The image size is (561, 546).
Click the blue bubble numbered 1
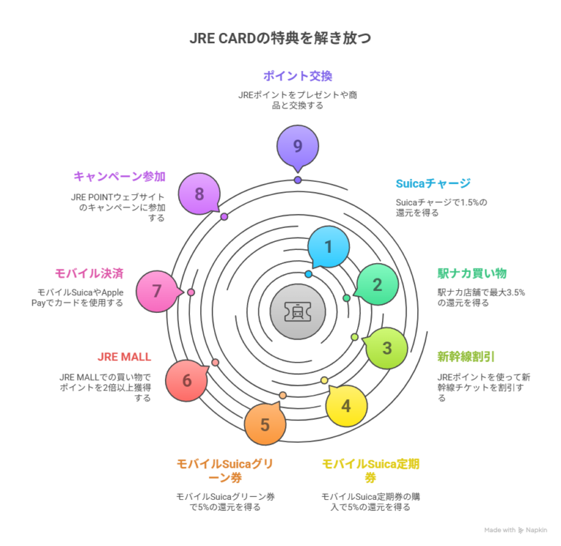coord(329,247)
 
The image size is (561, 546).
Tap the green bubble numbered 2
coord(377,284)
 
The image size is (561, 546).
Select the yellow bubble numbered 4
coord(346,406)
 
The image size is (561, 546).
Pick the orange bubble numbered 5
coord(265,424)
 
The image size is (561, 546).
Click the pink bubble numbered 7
coord(157,291)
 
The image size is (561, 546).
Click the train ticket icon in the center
coord(298,311)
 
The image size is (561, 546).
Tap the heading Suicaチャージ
coord(433,183)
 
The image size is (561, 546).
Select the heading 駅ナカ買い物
coord(472,273)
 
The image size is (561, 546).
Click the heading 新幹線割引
coord(466,357)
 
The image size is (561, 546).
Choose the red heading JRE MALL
coord(124,357)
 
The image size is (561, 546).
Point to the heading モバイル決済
coord(89,273)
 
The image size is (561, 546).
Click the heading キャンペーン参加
coord(120,176)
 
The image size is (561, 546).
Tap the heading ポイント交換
coord(298,76)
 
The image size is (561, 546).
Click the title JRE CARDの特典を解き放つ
coord(280,38)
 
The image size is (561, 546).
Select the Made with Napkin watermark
coord(516,530)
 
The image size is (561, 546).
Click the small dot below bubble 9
coord(298,180)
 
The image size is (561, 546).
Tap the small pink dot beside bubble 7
coord(191,292)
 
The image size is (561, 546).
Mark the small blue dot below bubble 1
coord(308,274)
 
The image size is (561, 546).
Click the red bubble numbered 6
coord(187,381)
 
